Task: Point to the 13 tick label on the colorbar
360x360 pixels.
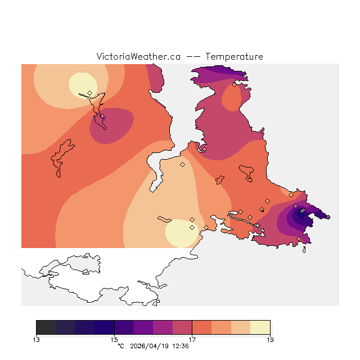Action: (x=36, y=339)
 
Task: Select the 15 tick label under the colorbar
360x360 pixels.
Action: (x=114, y=339)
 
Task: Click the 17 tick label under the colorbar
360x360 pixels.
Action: (x=192, y=339)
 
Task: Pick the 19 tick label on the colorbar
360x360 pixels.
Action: (x=270, y=339)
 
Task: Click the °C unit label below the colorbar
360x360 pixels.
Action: (x=120, y=346)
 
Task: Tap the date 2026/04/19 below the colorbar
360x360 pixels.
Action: (x=148, y=346)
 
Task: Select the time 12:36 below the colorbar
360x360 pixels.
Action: (x=180, y=346)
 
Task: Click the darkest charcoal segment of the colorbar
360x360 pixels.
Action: (x=46, y=327)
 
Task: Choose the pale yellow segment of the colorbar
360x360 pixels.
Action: (x=260, y=327)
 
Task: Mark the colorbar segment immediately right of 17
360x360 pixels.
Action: (x=202, y=327)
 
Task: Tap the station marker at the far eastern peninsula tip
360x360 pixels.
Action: (x=328, y=217)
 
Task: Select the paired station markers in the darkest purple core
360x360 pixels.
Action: (x=302, y=211)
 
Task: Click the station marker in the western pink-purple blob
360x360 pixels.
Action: (x=102, y=116)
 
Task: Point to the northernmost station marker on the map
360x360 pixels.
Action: (x=234, y=85)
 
